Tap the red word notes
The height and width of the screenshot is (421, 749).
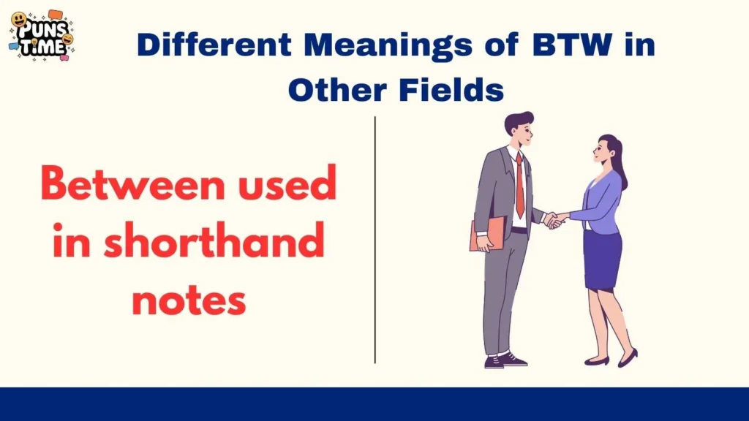(x=189, y=299)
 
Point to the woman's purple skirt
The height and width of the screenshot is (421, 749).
(x=602, y=259)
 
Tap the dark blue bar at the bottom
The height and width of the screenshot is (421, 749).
(x=374, y=404)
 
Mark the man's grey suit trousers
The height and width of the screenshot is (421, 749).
(x=505, y=292)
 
